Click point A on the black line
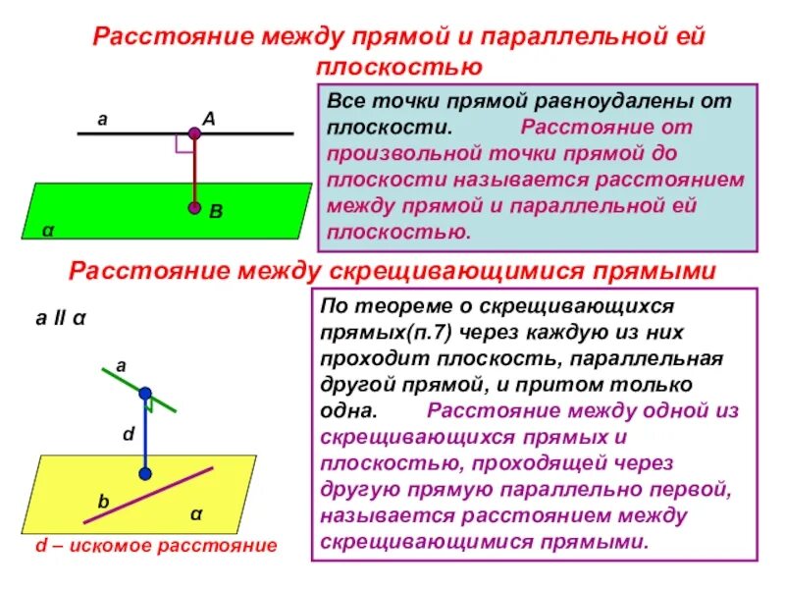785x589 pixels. point(194,133)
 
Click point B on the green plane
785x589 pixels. point(194,208)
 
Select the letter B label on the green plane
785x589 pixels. point(216,211)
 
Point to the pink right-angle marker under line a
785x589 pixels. point(183,143)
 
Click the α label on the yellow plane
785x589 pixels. point(195,513)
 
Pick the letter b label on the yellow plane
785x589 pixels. point(101,502)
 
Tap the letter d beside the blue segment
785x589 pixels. point(127,432)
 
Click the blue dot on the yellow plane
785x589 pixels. point(145,474)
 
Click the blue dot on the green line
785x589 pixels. point(144,392)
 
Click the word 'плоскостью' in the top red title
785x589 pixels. point(398,67)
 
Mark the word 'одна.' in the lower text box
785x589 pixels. point(346,410)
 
